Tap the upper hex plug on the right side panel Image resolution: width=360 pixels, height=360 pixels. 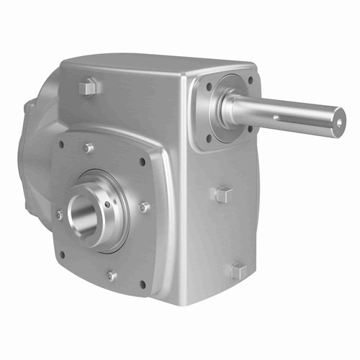[224, 194]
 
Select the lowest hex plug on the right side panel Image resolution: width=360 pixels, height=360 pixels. [238, 271]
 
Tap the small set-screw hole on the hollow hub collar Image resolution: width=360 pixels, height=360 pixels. [108, 204]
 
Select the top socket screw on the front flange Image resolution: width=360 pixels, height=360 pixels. [89, 148]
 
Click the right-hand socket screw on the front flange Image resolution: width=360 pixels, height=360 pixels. [145, 207]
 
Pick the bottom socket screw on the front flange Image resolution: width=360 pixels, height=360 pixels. [112, 275]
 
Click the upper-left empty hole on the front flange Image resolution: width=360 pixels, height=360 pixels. [61, 143]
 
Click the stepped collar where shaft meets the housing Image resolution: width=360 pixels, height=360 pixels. [229, 108]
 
